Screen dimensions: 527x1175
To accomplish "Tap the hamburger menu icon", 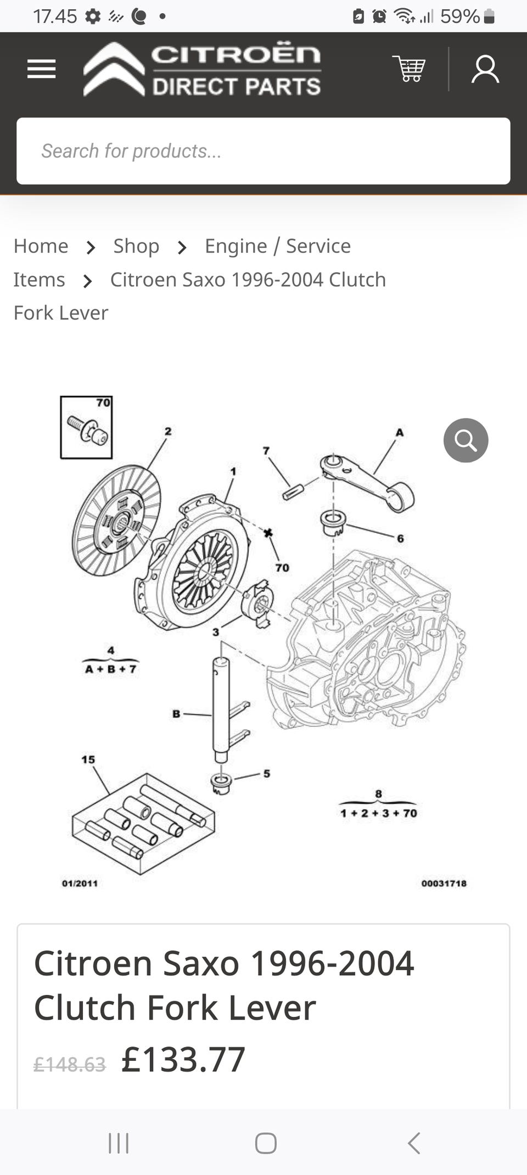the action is point(42,69).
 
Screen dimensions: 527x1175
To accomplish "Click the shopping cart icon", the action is point(409,69).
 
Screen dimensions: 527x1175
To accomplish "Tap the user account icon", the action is point(485,69).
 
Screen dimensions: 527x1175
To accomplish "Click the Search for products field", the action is point(263,151).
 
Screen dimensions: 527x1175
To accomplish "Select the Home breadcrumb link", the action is point(41,246).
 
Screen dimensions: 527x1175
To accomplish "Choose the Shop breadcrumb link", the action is point(136,246).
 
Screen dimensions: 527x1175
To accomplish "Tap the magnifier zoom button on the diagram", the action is point(466,440).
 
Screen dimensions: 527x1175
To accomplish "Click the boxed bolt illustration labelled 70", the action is point(86,427).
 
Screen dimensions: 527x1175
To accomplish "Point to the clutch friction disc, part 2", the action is point(116,520).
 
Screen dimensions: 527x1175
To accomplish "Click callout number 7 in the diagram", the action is point(266,451).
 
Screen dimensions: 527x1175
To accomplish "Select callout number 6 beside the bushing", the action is point(400,539).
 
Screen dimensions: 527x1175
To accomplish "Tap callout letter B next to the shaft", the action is point(176,714).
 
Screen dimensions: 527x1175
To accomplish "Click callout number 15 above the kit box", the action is point(88,759).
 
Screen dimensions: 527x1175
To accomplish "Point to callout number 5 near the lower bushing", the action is point(267,774).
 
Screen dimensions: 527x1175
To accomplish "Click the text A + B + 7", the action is point(110,669).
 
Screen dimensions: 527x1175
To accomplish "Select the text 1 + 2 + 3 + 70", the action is point(379,813).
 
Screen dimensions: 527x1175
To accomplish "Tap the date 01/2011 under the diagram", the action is point(80,883).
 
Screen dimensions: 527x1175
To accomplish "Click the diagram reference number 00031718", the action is point(444,883).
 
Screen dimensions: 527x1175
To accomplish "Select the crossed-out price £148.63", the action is point(70,1065).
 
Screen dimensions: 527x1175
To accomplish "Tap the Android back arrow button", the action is point(414,1143).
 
